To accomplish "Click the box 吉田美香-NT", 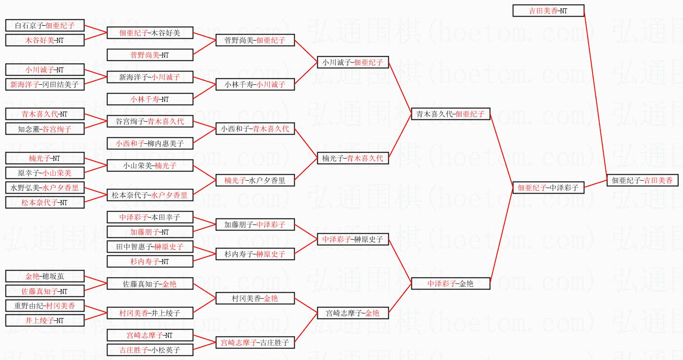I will [x=548, y=11].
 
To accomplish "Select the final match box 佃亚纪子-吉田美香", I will [x=642, y=180].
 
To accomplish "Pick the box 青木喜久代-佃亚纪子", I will [x=451, y=114].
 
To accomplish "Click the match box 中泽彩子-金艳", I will [x=451, y=283].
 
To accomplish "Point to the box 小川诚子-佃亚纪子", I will [x=353, y=62].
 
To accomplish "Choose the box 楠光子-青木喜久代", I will [x=353, y=158].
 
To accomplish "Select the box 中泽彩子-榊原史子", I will [x=353, y=239].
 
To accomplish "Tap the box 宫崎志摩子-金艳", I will [x=353, y=313].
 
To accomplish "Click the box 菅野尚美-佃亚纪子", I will [x=255, y=40].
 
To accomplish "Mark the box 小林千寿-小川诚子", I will [x=255, y=84].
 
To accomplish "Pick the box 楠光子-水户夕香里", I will [x=255, y=180].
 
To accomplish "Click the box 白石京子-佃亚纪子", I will [x=45, y=25].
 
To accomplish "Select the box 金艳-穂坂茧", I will [x=45, y=276].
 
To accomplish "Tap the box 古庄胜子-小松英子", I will [x=150, y=350].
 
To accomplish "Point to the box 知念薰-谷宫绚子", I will [x=45, y=129].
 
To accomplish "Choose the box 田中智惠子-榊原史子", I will [x=150, y=247].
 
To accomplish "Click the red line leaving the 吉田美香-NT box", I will [x=595, y=92].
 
